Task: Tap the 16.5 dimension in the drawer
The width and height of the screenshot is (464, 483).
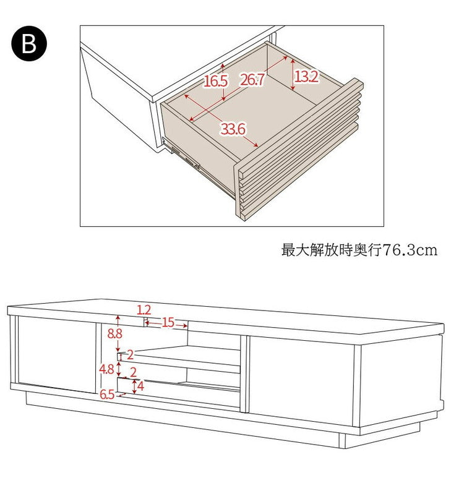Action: point(215,81)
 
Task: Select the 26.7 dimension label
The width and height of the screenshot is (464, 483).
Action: point(252,80)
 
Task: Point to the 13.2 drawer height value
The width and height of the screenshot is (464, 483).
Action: point(307,76)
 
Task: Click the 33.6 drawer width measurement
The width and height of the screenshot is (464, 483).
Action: point(233,129)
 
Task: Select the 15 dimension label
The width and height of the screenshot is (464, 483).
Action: point(168,322)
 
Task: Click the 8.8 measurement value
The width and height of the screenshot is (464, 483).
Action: point(114,333)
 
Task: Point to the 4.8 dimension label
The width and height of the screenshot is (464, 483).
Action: point(106,369)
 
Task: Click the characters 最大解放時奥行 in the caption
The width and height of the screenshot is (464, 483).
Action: point(332,250)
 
